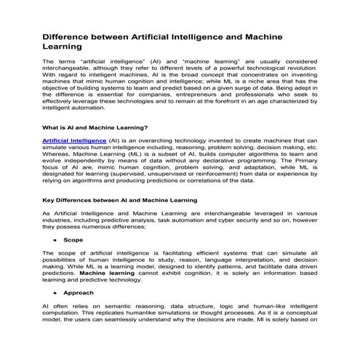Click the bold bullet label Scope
tap(73, 239)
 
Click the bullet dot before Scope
tap(55, 239)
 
